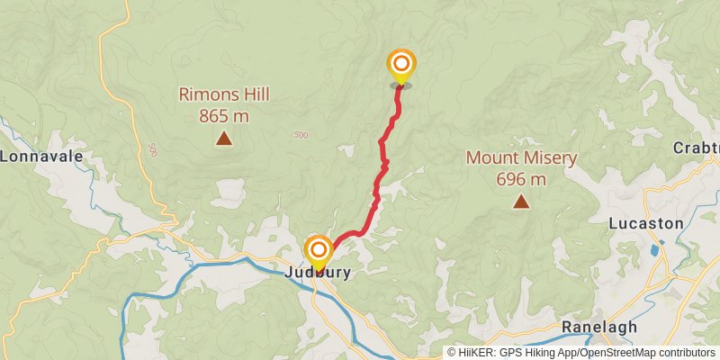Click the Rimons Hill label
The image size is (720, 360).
pyautogui.click(x=224, y=94)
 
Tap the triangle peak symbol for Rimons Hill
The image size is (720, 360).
pyautogui.click(x=223, y=138)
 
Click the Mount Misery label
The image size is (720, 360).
pyautogui.click(x=521, y=158)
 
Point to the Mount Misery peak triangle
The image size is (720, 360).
pyautogui.click(x=520, y=202)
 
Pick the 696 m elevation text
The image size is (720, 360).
pyautogui.click(x=521, y=179)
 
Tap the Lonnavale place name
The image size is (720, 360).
pyautogui.click(x=41, y=156)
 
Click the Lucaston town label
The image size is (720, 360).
pyautogui.click(x=646, y=222)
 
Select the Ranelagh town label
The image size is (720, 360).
pyautogui.click(x=598, y=326)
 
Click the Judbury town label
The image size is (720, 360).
pyautogui.click(x=317, y=271)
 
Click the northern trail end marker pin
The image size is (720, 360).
pyautogui.click(x=401, y=65)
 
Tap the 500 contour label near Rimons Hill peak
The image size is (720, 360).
pyautogui.click(x=300, y=135)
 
